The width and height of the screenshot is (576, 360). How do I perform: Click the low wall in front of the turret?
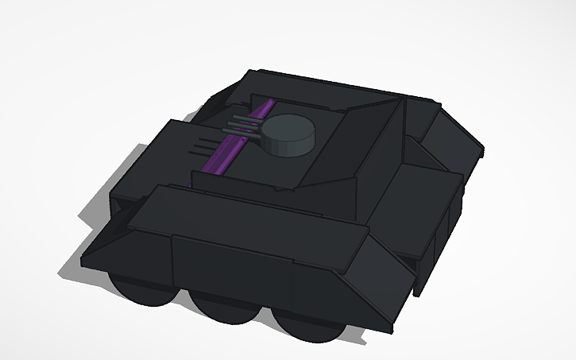(246, 179)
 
